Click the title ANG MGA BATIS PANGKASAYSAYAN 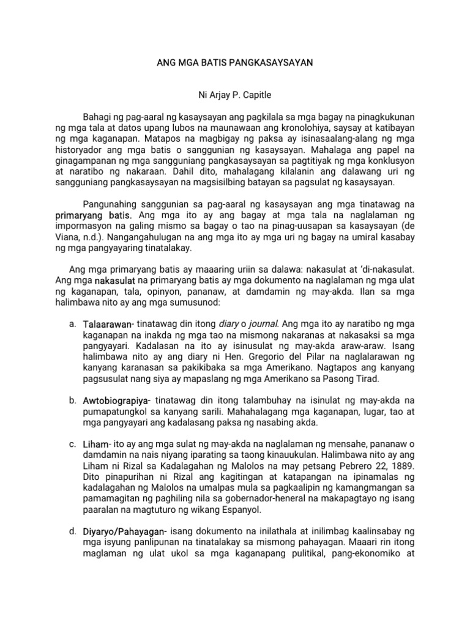tap(235, 63)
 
